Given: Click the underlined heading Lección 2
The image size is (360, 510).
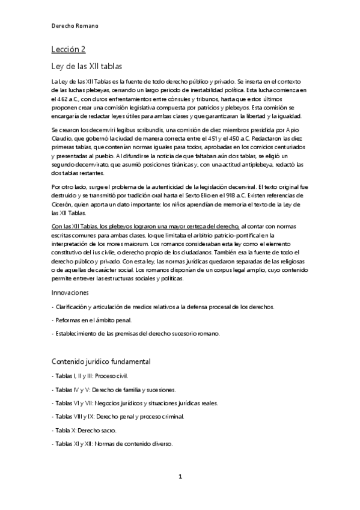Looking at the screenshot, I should pyautogui.click(x=69, y=49).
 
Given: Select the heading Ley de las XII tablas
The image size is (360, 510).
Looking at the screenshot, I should pyautogui.click(x=87, y=66).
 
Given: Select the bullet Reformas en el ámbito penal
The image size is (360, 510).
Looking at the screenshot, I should pyautogui.click(x=91, y=320).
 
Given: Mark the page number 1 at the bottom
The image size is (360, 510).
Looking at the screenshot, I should pyautogui.click(x=180, y=477).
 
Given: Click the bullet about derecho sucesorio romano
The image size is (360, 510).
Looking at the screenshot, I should pyautogui.click(x=136, y=334).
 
